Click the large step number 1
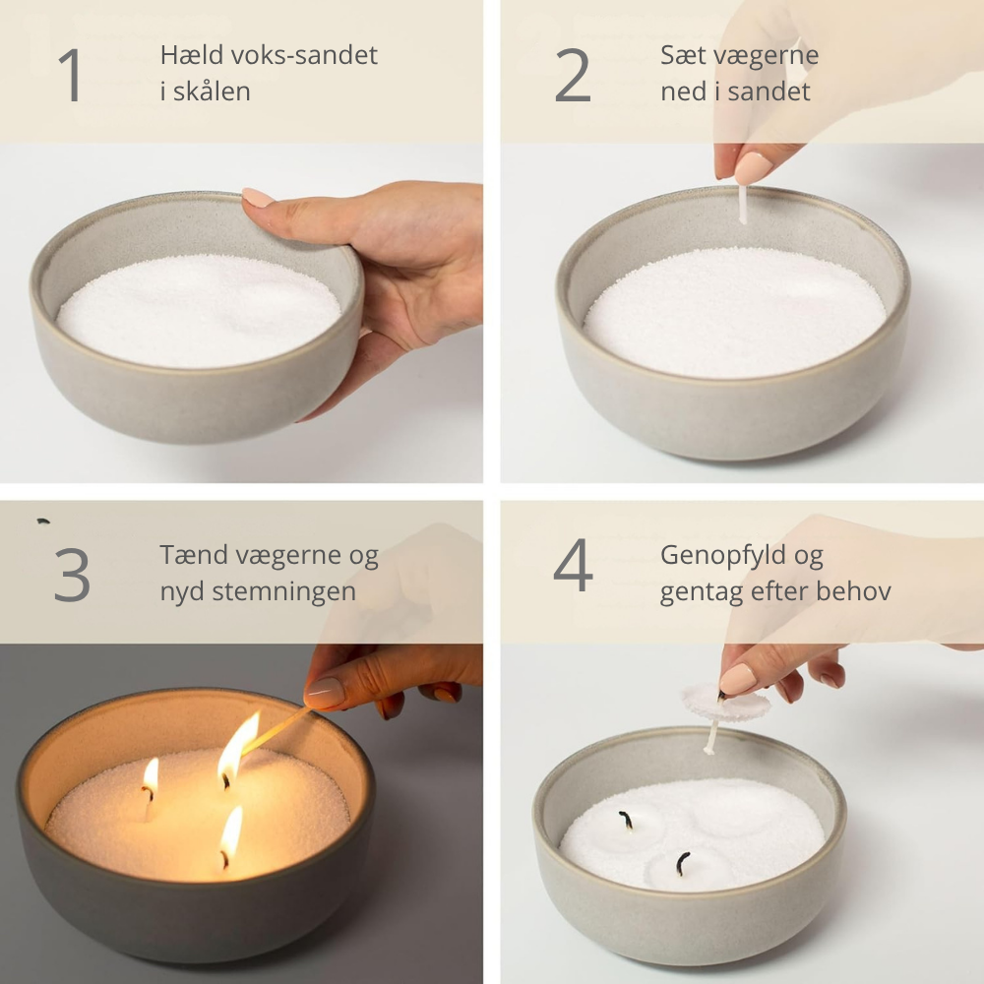tap(70, 75)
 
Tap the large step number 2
tap(573, 75)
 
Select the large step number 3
tap(72, 575)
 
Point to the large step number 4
tap(573, 568)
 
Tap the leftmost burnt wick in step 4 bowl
tap(625, 819)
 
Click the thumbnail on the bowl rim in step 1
tap(258, 198)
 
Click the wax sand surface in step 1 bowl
tap(197, 310)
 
